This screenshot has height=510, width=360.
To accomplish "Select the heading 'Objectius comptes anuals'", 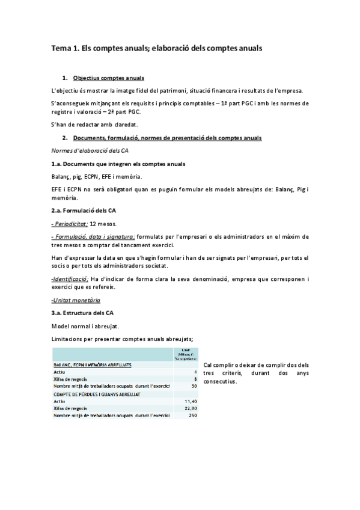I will coord(108,78).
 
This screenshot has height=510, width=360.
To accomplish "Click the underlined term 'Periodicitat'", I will coord(70,223).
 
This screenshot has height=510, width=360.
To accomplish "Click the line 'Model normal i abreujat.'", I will coord(86,326).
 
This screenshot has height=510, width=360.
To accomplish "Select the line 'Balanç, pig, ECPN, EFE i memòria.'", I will coord(97,176).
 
